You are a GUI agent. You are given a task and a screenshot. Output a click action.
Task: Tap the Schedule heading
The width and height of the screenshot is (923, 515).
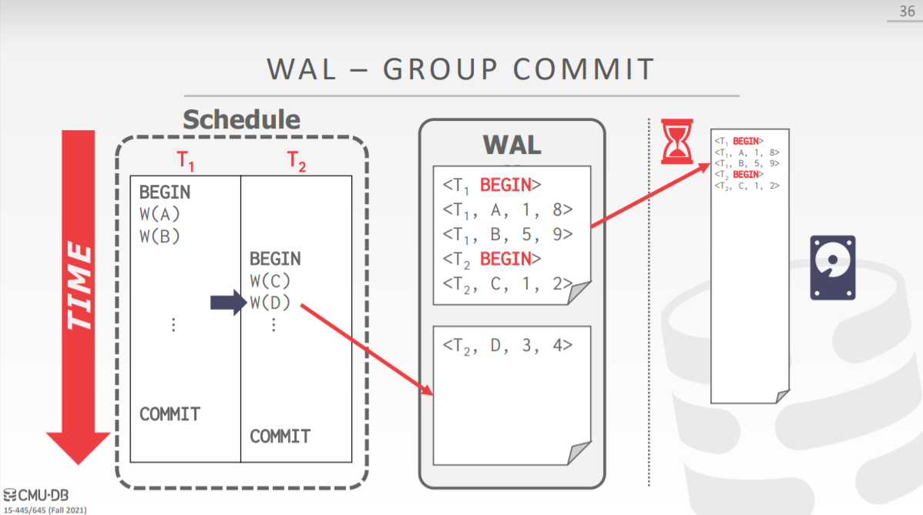241,119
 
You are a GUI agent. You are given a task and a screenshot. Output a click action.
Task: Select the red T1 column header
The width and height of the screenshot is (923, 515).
186,161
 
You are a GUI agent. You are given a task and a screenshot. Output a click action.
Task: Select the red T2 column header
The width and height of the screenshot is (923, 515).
297,161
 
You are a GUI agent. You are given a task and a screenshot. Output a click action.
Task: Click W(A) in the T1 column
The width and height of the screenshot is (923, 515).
159,214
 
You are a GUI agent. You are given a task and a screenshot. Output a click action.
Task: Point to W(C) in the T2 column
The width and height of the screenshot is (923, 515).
270,281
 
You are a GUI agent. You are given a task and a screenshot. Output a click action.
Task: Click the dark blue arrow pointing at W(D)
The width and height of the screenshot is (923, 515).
227,303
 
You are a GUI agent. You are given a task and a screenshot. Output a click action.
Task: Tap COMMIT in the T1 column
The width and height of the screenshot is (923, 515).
169,414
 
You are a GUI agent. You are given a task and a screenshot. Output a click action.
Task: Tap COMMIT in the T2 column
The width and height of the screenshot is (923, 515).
280,436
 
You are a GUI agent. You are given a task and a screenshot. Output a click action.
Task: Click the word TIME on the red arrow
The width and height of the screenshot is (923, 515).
79,286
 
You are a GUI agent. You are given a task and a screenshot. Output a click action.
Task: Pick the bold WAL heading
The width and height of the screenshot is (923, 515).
512,144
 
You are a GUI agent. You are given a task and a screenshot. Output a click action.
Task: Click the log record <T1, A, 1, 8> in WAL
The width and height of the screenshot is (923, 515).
508,209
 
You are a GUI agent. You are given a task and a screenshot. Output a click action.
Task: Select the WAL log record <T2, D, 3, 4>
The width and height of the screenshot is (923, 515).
508,345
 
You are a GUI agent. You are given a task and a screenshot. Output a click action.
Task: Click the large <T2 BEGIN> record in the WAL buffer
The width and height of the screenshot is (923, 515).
492,259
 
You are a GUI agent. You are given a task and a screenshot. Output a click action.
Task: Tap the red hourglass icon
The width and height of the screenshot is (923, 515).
678,141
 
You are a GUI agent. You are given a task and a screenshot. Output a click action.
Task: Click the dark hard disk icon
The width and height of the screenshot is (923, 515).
832,267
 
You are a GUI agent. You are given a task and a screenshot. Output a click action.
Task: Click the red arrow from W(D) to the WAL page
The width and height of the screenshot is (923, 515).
366,349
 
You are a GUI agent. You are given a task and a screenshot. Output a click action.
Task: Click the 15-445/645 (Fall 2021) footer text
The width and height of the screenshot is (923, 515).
45,510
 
